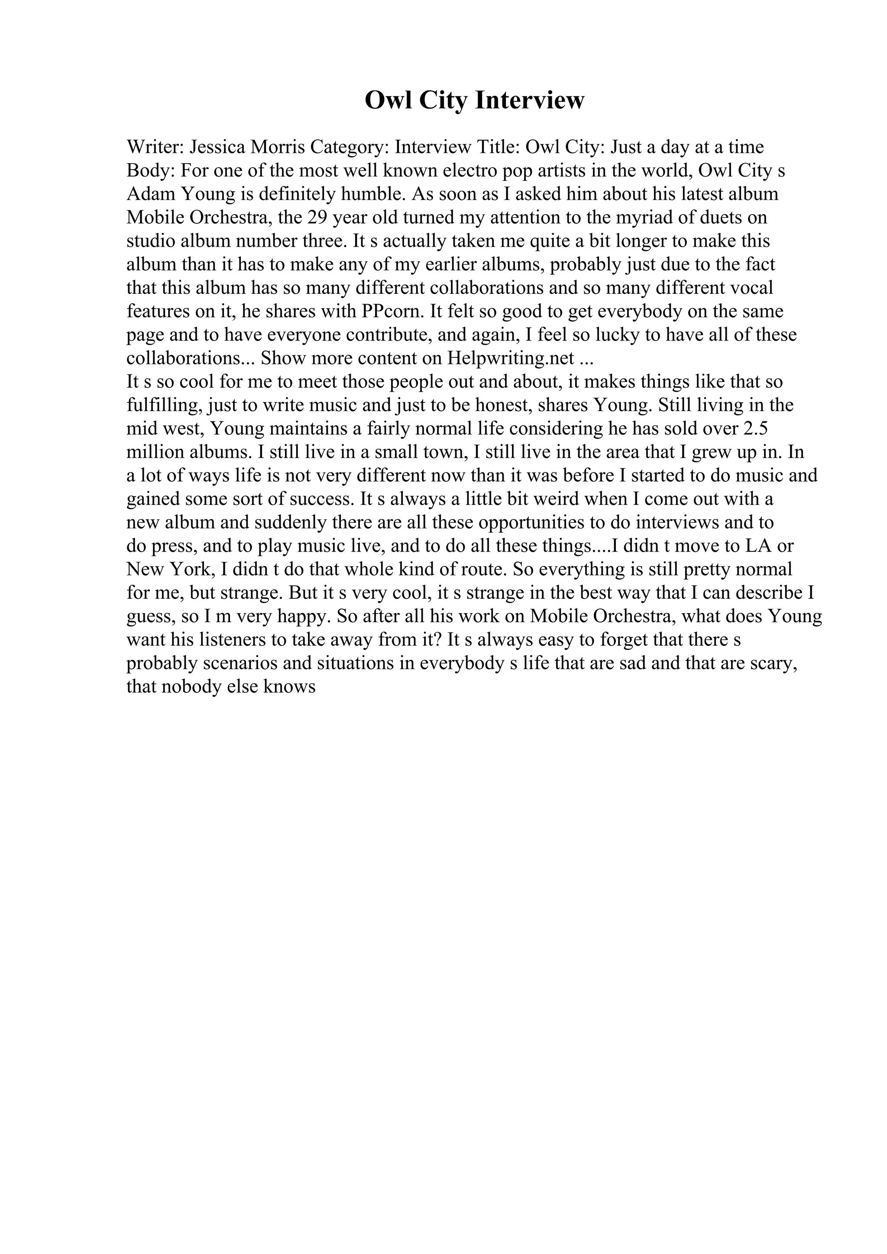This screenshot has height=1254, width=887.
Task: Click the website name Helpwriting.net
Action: pos(511,358)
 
